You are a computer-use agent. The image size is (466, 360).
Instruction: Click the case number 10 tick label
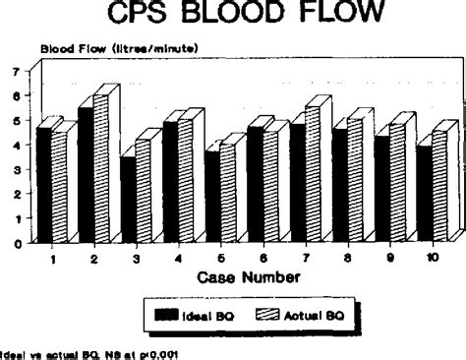click(433, 257)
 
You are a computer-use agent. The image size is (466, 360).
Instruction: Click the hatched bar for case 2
click(101, 167)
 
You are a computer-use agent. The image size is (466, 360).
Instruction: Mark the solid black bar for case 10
click(425, 193)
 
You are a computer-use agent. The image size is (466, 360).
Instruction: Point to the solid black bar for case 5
click(212, 196)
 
